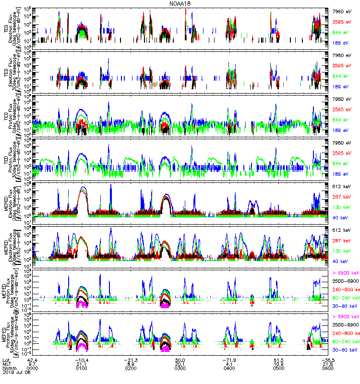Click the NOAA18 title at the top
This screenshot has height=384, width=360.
(x=180, y=3)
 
